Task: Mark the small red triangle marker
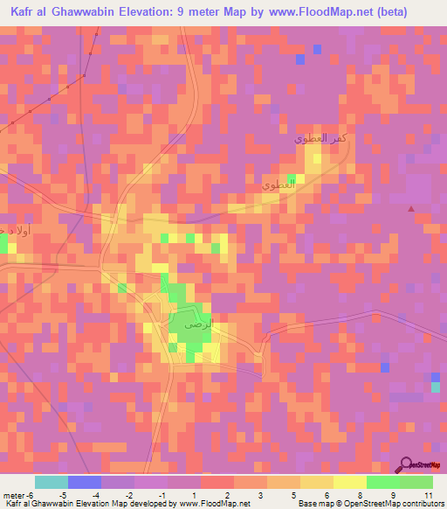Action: coord(411,208)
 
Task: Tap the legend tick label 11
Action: coord(428,494)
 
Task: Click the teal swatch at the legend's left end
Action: coord(52,482)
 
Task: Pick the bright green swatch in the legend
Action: coord(383,482)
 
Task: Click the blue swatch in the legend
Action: coord(85,482)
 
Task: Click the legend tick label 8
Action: coord(359,494)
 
